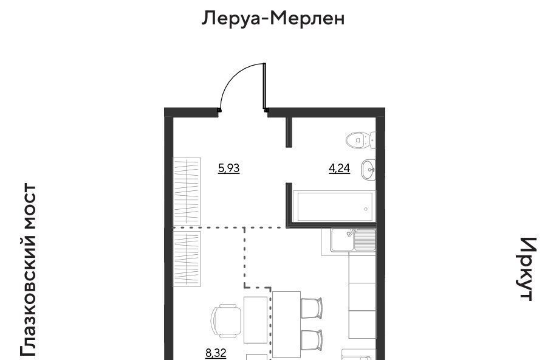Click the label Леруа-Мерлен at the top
pos(273,19)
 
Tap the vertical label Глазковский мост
pos(29,270)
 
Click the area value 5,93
pos(229,168)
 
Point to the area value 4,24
pos(340,168)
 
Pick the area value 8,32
pos(216,353)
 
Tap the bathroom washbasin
pos(368,170)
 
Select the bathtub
pos(334,206)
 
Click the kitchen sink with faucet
pos(353,240)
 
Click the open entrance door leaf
pos(265,86)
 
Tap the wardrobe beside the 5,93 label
pos(187,191)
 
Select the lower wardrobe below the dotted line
pos(187,258)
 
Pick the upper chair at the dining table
pos(312,308)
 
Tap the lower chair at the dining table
pos(312,340)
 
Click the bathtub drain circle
pos(366,209)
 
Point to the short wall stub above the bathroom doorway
pos(289,131)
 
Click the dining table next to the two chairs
pos(287,324)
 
